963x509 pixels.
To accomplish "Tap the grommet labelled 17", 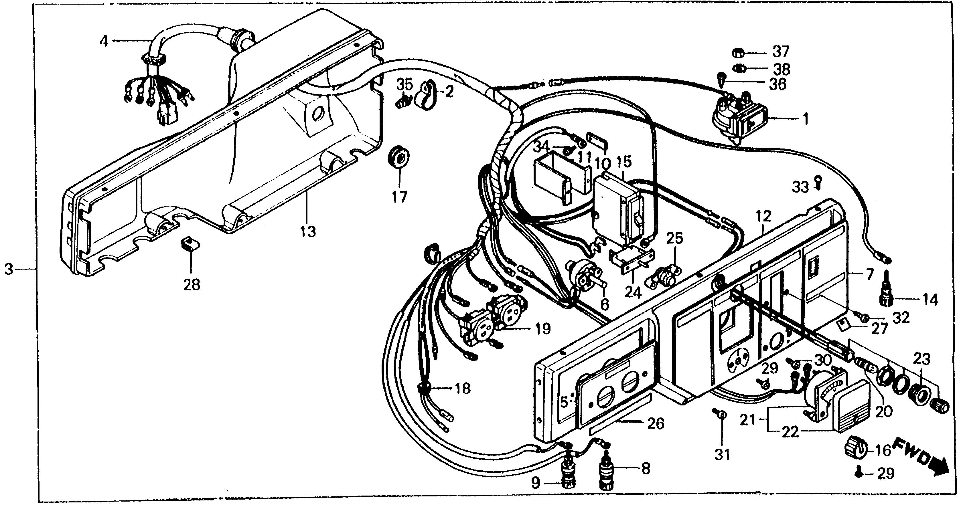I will click(x=399, y=159).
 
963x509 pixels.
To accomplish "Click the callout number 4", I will click(x=104, y=41).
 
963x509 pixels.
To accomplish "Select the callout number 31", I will click(x=722, y=455).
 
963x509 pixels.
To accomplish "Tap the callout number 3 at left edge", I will click(x=9, y=269).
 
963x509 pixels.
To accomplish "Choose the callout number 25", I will click(x=675, y=238).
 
